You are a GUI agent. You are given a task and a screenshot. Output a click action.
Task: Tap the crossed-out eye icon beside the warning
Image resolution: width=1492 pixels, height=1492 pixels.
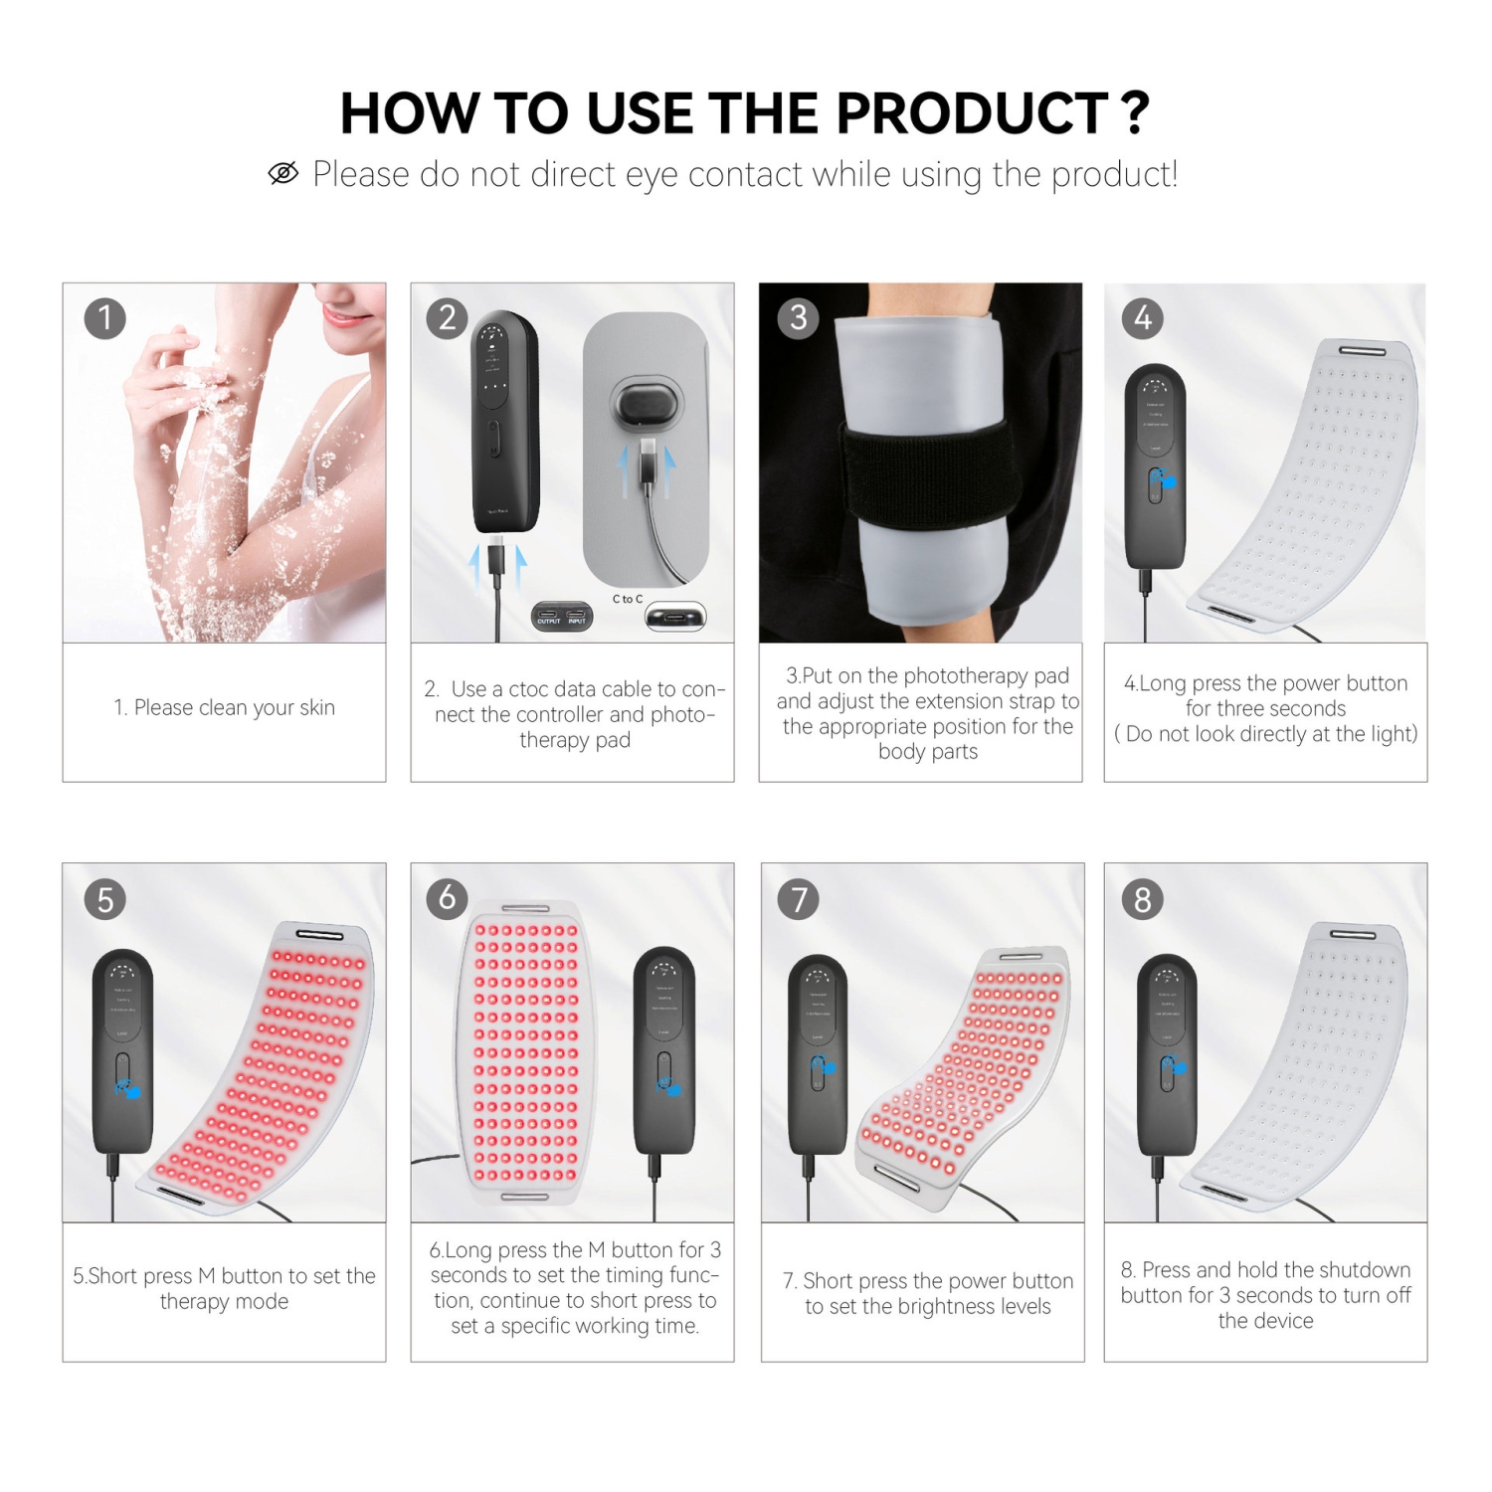pyautogui.click(x=283, y=174)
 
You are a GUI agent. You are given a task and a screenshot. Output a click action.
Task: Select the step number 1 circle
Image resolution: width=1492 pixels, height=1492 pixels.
pyautogui.click(x=105, y=318)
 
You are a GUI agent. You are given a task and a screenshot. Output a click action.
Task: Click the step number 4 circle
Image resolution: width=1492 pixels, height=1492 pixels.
pyautogui.click(x=1143, y=318)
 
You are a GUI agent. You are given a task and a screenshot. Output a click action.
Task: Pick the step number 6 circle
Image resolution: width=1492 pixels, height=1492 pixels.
pyautogui.click(x=448, y=898)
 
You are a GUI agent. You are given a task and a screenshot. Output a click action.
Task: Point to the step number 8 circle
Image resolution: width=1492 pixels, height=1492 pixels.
pyautogui.click(x=1143, y=899)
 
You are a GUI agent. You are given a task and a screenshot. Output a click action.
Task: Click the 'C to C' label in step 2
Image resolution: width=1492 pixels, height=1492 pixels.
pyautogui.click(x=628, y=599)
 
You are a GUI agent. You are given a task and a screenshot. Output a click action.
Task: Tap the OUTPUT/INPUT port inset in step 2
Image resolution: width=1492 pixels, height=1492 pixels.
pyautogui.click(x=562, y=617)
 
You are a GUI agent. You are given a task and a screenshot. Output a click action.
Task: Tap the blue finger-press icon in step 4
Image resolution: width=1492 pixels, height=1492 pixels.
pyautogui.click(x=1162, y=481)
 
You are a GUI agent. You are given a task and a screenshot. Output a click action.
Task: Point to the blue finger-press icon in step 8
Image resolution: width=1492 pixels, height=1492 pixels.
pyautogui.click(x=1175, y=1066)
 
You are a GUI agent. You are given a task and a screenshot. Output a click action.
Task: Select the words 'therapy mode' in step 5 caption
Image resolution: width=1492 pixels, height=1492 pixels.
pyautogui.click(x=224, y=1301)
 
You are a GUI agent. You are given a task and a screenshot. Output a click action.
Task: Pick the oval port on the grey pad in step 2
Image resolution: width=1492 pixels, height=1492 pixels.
pyautogui.click(x=648, y=405)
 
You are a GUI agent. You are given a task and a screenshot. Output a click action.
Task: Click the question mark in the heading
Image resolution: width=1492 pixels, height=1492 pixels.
pyautogui.click(x=1136, y=112)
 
